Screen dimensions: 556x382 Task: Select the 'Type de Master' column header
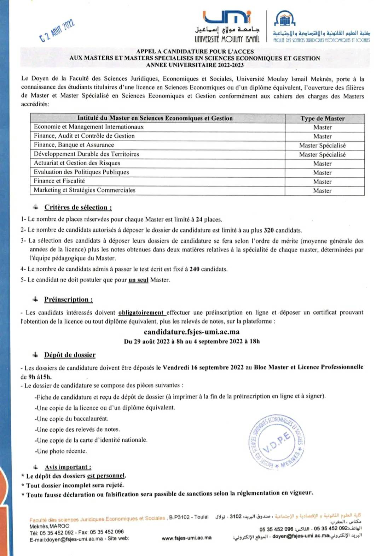[x=323, y=119]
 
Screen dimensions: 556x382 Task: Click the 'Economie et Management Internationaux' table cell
[x=89, y=127]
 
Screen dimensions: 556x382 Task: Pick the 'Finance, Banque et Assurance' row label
[x=74, y=145]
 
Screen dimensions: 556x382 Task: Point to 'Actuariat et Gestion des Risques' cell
[x=77, y=163]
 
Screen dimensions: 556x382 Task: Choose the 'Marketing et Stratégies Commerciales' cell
[x=85, y=190]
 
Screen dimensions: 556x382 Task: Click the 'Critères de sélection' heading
[x=78, y=207]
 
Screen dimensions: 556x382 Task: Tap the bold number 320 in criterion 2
[x=269, y=230]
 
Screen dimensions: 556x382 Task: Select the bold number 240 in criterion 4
[x=195, y=269]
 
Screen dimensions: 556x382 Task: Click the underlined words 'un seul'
[x=138, y=280]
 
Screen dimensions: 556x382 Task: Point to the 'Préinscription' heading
[x=68, y=300]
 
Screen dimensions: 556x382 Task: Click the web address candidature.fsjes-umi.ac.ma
[x=192, y=332]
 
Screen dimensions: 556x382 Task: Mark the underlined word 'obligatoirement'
[x=141, y=313]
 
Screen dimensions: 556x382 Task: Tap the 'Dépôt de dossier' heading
[x=70, y=355]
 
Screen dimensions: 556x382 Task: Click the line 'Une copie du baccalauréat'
[x=72, y=419]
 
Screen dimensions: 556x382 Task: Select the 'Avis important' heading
[x=68, y=467]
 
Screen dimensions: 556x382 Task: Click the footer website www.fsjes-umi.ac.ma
[x=186, y=538]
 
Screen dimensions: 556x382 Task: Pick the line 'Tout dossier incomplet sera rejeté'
[x=75, y=485]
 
